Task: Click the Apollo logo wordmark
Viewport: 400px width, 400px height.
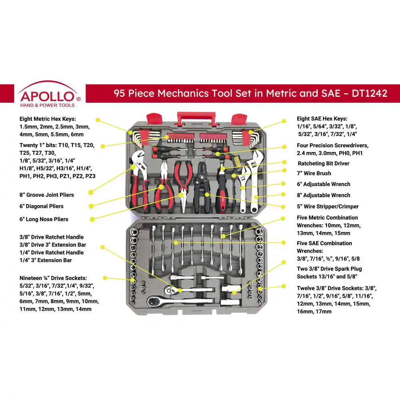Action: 47,96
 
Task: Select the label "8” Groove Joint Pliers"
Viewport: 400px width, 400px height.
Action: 46,195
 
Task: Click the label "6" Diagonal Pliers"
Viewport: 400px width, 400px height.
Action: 41,206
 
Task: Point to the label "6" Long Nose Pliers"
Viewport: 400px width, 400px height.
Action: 44,219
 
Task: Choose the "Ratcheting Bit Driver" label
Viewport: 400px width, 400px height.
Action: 323,163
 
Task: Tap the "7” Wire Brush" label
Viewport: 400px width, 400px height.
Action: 314,173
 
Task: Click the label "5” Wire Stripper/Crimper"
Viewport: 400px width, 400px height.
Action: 328,206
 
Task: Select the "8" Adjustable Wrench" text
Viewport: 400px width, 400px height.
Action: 323,195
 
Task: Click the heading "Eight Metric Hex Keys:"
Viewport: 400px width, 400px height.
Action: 48,119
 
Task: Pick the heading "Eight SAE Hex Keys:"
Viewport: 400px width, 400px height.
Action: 322,119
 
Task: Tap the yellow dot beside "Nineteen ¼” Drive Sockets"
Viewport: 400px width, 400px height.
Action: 105,278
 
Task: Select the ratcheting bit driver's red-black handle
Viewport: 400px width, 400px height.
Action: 221,198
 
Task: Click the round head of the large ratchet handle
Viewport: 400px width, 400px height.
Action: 154,301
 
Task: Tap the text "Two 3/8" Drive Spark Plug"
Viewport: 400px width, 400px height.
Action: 324,269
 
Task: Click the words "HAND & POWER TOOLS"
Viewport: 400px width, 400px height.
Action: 47,105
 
